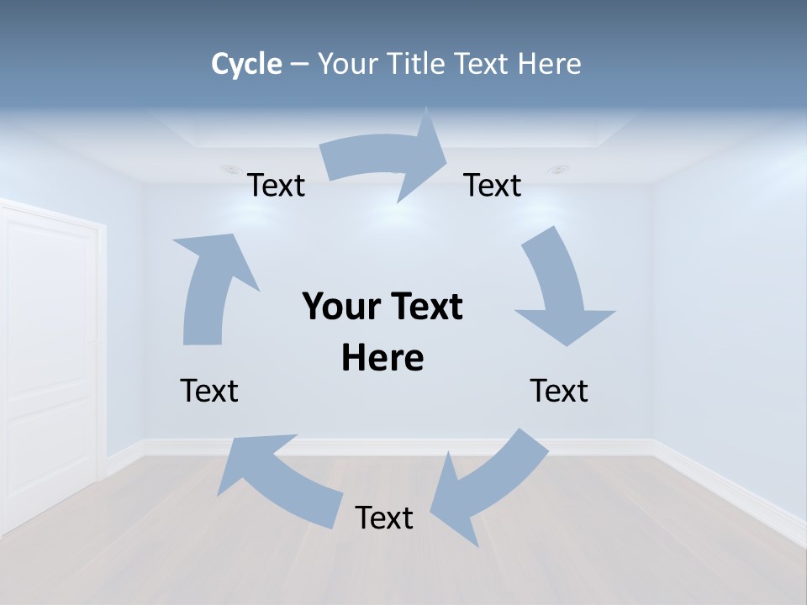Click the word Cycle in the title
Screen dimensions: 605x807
click(x=246, y=64)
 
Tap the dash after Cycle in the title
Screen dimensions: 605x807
click(x=299, y=65)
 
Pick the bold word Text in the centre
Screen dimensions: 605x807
click(x=425, y=307)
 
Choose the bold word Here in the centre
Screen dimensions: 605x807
click(x=382, y=358)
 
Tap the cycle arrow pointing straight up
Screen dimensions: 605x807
click(x=210, y=286)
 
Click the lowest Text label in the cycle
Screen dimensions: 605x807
click(x=384, y=518)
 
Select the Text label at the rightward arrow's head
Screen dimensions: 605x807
click(x=493, y=185)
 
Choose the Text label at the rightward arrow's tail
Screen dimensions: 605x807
click(x=277, y=185)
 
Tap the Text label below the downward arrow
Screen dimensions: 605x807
click(x=559, y=391)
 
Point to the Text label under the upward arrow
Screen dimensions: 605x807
click(x=209, y=391)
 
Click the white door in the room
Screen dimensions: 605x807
click(x=50, y=361)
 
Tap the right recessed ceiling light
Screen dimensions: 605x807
click(x=557, y=169)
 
